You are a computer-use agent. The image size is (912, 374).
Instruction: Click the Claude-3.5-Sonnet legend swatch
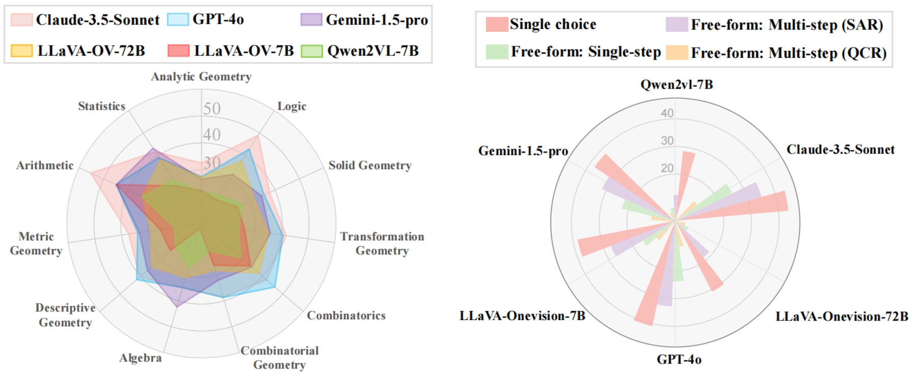pos(21,20)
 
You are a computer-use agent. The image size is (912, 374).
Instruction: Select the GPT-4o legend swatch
pos(178,20)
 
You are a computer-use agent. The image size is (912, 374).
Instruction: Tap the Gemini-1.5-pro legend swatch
pos(311,20)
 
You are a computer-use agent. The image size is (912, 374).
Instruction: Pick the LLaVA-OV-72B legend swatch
pos(21,51)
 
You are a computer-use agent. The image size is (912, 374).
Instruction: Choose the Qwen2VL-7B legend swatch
pos(312,51)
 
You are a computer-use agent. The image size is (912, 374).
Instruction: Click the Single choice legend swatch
pos(496,24)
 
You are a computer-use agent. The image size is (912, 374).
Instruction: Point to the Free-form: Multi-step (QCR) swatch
pos(677,52)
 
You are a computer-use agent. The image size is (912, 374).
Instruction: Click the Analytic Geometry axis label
pos(201,77)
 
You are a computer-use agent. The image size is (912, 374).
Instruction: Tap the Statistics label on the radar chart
pos(101,106)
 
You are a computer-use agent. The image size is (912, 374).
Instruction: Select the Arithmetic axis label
pos(45,165)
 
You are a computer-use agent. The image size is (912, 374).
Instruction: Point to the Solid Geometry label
pos(370,165)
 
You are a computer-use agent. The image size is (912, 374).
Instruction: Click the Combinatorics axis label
pos(346,315)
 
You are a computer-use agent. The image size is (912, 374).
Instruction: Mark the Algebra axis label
pos(141,358)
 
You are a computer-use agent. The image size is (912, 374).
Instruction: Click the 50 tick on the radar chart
pos(212,108)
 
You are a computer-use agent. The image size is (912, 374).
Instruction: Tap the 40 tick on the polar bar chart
pos(667,113)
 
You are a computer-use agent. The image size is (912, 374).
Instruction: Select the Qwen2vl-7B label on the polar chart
pos(676,84)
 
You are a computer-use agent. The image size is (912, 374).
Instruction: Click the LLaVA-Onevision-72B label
pos(842,317)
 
